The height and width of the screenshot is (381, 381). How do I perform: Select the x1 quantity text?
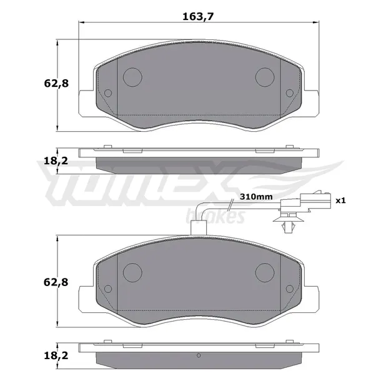pos(340,201)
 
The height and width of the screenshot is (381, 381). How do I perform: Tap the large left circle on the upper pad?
pos(132,76)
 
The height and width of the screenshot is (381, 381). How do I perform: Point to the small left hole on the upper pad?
pos(107,94)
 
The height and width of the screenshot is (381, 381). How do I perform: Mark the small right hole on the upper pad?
pos(289,94)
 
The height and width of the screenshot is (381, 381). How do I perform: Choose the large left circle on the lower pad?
pos(132,272)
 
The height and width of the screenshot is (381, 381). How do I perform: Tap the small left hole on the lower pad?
pos(107,290)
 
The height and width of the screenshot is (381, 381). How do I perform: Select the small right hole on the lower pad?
pos(289,290)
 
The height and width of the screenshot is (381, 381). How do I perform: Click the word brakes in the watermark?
pos(224,216)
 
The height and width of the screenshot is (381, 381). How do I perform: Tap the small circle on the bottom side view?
pos(199,357)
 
